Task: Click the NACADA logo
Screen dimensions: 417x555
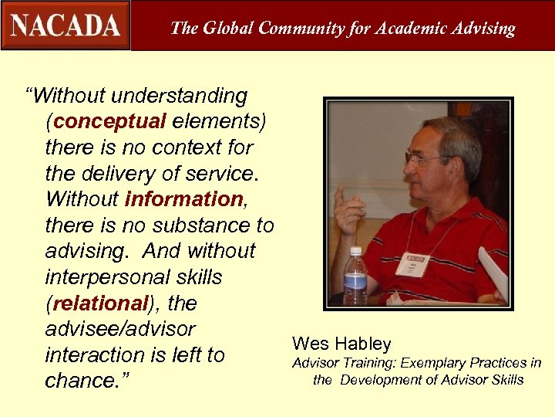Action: click(66, 25)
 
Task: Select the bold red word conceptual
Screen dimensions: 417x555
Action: click(110, 121)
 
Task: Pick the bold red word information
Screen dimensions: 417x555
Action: click(183, 198)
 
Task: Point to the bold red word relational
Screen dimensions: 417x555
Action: click(100, 303)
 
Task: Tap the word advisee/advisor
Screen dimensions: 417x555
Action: click(120, 329)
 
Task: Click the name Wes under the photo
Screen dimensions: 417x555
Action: click(310, 344)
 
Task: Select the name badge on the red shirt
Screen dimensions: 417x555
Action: click(411, 263)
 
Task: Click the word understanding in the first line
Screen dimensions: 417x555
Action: click(180, 96)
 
